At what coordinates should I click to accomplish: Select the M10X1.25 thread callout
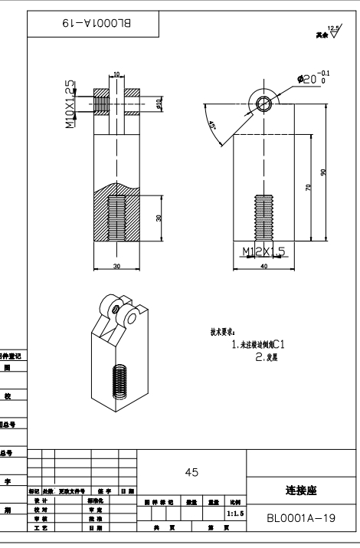(70, 103)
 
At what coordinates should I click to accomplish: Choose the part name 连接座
(300, 490)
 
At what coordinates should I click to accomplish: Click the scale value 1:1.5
(234, 517)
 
